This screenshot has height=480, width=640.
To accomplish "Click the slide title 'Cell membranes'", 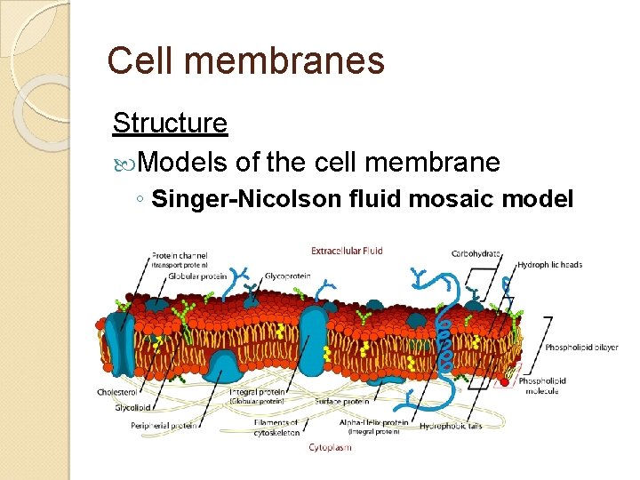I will (x=245, y=61).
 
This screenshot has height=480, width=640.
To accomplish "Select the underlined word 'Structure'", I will (x=170, y=123).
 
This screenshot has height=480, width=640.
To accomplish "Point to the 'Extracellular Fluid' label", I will (x=348, y=251).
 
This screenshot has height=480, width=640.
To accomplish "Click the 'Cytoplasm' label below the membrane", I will (x=331, y=447).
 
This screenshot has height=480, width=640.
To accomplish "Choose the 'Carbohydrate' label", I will (x=476, y=253).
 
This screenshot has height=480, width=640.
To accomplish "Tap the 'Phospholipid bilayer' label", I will (x=581, y=348).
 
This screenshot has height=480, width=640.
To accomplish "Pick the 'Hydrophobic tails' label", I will (x=451, y=426).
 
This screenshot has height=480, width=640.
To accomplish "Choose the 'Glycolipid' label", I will (x=132, y=409).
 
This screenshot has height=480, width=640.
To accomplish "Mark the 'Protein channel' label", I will (x=179, y=256).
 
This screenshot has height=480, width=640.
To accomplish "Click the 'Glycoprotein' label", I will (x=287, y=276).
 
